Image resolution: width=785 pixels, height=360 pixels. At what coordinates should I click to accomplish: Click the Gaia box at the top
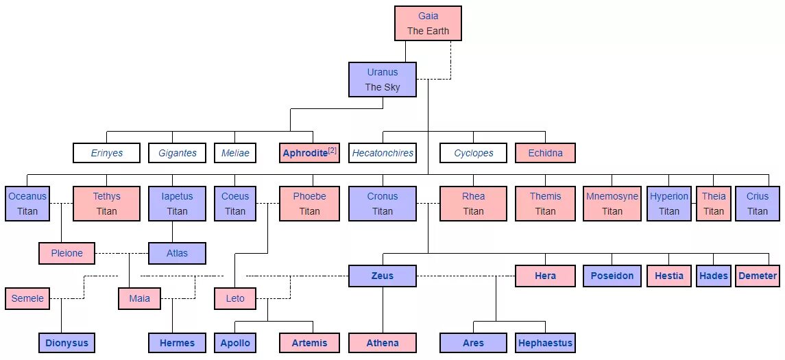coord(428,23)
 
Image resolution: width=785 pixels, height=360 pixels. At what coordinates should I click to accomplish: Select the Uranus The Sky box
coord(382,80)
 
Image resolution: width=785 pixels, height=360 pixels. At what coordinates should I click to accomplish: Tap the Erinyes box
coord(106,153)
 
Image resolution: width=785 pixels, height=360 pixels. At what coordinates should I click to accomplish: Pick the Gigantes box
coord(178,153)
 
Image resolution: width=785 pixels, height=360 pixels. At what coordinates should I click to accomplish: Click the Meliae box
coord(235,153)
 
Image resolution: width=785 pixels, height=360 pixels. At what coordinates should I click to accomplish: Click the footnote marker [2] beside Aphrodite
coord(333,150)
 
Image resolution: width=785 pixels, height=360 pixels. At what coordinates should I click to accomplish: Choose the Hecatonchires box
coord(383,153)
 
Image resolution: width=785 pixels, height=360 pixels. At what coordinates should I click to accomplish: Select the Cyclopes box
coord(473,153)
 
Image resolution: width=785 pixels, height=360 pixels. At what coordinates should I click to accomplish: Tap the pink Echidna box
coord(545,153)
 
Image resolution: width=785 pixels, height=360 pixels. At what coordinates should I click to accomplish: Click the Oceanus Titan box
coord(27,204)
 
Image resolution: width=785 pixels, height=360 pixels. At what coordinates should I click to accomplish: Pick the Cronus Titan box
coord(382,204)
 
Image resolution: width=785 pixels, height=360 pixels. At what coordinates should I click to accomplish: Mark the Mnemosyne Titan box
coord(612,204)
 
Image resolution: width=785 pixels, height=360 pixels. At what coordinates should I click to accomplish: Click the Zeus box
coord(382,276)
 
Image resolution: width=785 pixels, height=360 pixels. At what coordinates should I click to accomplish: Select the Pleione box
coord(67,253)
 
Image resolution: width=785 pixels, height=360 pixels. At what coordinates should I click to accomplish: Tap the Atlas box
coord(177,253)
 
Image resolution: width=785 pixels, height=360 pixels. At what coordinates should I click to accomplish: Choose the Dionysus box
coord(67,343)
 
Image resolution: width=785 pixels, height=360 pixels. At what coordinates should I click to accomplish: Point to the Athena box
coord(382,343)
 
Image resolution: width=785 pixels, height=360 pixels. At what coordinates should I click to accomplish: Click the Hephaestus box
coord(545,343)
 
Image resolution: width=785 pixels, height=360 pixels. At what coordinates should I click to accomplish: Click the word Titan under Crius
coord(758,211)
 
